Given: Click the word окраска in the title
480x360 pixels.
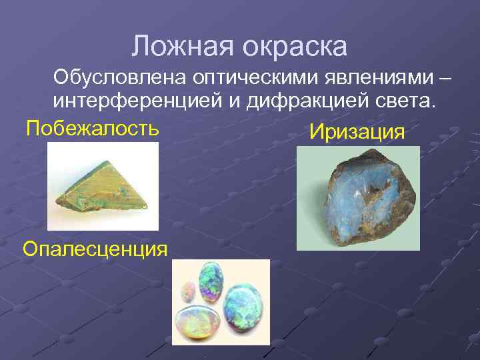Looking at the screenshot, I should point(295,47).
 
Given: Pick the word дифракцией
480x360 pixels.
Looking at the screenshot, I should point(301,102).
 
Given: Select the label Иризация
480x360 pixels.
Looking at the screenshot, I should point(357,131).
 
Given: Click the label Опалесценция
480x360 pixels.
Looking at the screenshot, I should point(95,249).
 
